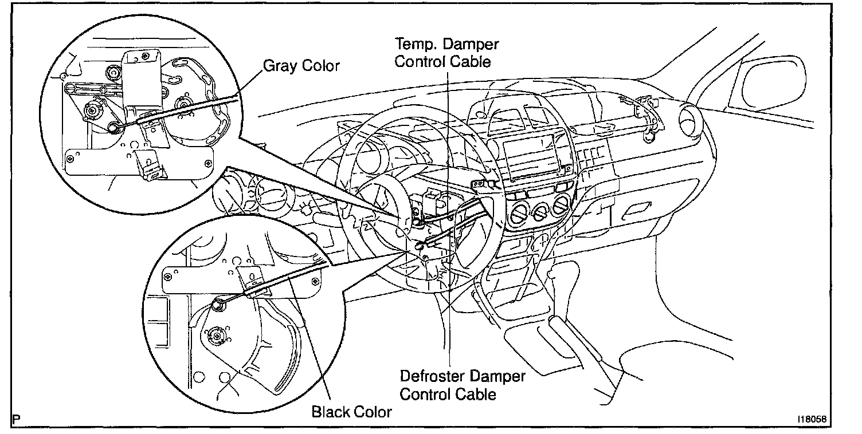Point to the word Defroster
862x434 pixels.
coord(434,377)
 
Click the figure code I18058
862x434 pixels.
coord(811,419)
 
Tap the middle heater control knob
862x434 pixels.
coord(539,213)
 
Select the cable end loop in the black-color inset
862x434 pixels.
coord(218,306)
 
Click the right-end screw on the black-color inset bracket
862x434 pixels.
coord(314,281)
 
